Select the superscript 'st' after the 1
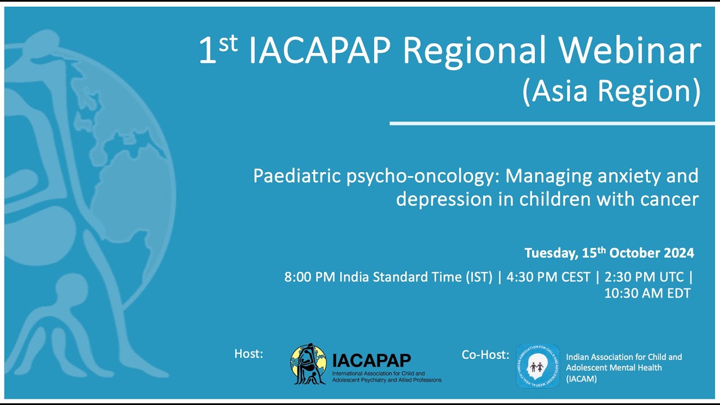[x=227, y=44]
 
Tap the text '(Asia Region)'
[x=611, y=91]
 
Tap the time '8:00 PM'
[x=309, y=277]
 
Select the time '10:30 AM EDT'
[x=647, y=293]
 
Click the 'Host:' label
[x=249, y=354]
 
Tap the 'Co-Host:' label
[x=485, y=354]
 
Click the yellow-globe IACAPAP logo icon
[x=308, y=364]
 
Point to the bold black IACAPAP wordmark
[x=371, y=360]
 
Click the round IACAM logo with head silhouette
[x=538, y=366]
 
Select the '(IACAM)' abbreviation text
[x=581, y=379]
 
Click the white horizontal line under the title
[x=551, y=123]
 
